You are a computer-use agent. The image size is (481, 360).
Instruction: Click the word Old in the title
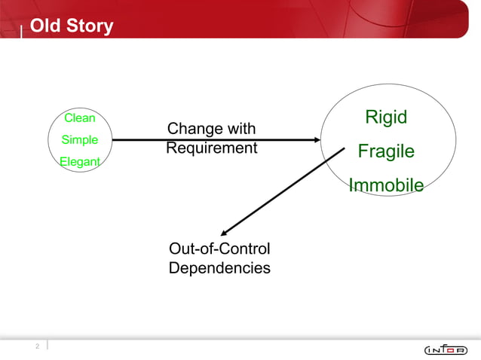(x=44, y=26)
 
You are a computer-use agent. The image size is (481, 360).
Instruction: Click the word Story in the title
(x=88, y=26)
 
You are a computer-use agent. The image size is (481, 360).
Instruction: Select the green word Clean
(x=79, y=117)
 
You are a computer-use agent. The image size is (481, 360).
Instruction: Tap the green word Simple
(x=79, y=140)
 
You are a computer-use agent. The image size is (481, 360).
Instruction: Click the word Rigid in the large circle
(x=385, y=117)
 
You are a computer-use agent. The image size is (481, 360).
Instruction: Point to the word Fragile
(x=385, y=151)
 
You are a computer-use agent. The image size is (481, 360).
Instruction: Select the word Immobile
(x=385, y=185)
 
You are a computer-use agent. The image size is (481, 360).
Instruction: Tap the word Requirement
(x=212, y=148)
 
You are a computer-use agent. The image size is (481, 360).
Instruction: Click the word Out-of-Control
(x=219, y=249)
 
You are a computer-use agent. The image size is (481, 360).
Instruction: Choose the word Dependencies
(x=219, y=267)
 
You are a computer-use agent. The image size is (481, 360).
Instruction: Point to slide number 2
(x=35, y=346)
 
